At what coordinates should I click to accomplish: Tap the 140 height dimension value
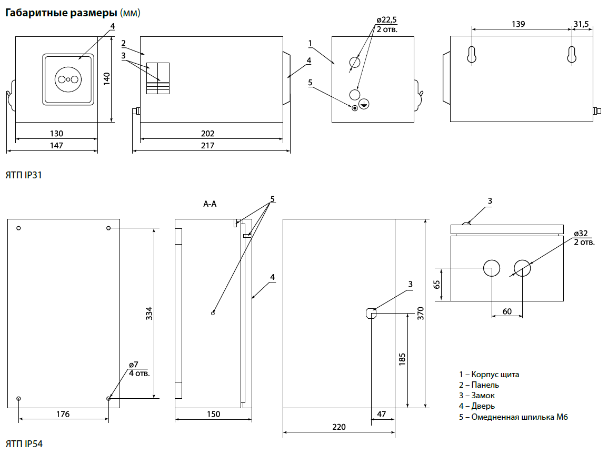106,79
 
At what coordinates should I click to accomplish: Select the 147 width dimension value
56,146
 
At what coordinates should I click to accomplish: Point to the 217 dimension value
208,146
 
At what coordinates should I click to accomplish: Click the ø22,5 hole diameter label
387,21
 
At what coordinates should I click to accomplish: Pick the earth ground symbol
364,105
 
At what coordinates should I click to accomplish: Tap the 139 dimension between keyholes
519,24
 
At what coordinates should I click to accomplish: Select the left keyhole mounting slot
472,55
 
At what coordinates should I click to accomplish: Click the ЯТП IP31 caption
23,175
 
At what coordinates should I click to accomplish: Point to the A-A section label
210,204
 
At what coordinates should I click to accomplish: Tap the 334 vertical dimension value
149,314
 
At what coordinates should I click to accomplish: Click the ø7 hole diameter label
133,365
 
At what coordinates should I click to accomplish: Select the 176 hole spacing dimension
63,414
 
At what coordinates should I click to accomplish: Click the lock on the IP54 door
371,314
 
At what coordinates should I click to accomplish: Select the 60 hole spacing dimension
507,311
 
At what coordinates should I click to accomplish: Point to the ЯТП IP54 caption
24,444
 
